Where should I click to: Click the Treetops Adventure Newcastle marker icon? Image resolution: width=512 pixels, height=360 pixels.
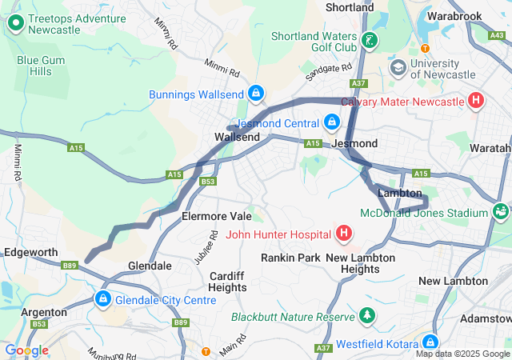15,23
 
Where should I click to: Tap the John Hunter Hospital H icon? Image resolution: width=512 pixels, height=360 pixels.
344,234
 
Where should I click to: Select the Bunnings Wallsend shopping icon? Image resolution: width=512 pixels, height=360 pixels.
255,94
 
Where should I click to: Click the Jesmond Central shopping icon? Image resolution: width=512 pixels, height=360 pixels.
332,122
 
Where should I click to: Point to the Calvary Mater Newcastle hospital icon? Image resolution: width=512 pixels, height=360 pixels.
476,102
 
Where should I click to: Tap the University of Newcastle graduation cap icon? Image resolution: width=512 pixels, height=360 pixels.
398,67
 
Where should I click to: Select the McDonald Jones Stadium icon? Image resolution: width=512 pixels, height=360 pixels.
501,213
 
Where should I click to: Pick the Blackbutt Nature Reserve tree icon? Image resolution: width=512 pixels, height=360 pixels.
367,316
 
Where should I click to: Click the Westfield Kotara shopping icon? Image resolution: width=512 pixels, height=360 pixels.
430,342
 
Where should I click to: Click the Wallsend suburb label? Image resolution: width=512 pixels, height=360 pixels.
237,138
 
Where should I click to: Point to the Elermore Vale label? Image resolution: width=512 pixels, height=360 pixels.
216,216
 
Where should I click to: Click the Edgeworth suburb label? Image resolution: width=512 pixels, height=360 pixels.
31,252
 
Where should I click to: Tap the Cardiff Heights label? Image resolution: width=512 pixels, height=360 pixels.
228,282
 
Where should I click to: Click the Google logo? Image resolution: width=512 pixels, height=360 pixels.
26,350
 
